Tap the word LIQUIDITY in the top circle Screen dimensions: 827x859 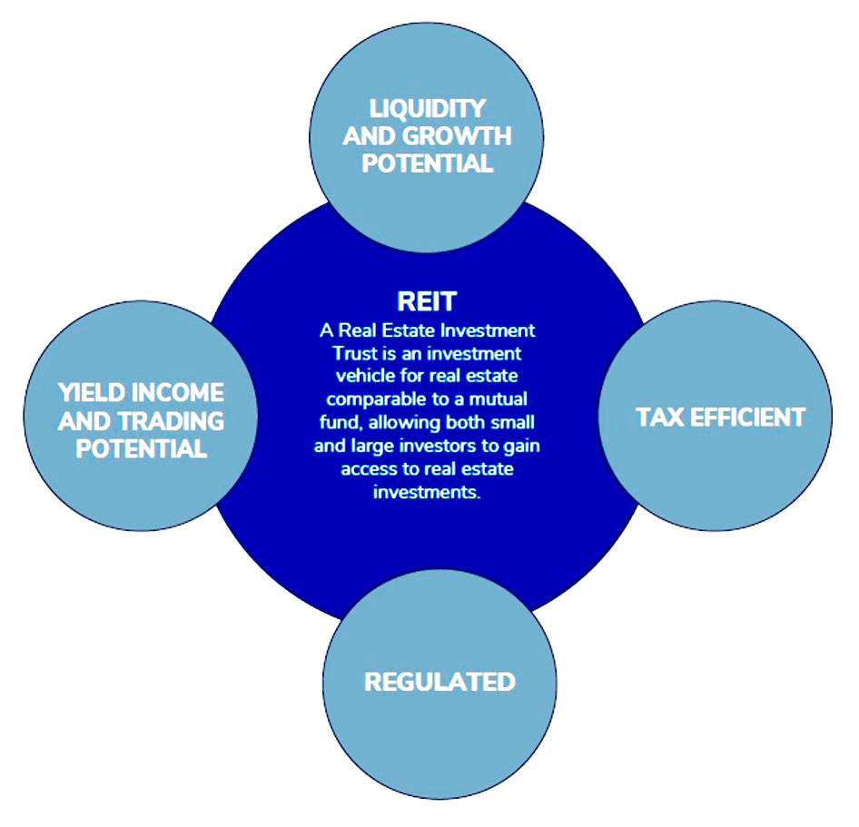tap(427, 108)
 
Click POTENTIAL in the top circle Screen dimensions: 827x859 tap(427, 164)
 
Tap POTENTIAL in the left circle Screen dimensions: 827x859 tap(140, 449)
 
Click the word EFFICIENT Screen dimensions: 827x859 tap(747, 417)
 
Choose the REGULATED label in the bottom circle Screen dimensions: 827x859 tap(439, 682)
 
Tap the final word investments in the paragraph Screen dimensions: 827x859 tap(427, 493)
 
